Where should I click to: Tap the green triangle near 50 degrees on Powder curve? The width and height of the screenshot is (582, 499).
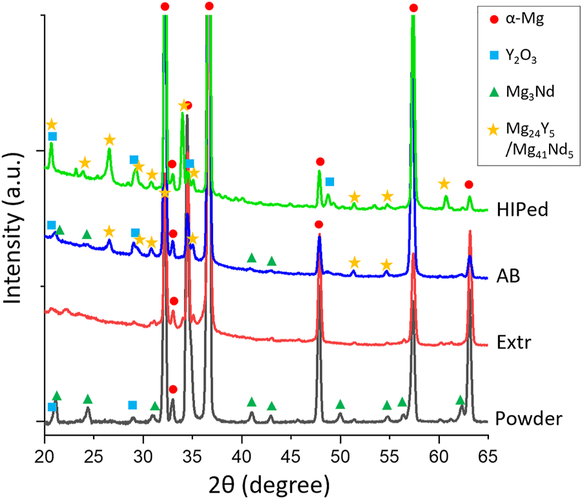pyautogui.click(x=340, y=405)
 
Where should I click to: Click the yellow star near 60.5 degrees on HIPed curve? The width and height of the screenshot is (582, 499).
pyautogui.click(x=444, y=184)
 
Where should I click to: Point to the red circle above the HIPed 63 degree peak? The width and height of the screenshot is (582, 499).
pyautogui.click(x=469, y=185)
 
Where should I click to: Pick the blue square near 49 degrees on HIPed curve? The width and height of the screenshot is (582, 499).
pyautogui.click(x=329, y=181)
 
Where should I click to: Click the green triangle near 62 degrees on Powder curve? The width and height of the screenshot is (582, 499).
pyautogui.click(x=460, y=400)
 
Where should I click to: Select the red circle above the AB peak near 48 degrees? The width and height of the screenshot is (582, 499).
pyautogui.click(x=318, y=224)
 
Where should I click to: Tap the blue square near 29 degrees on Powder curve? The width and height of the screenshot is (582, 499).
pyautogui.click(x=132, y=405)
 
